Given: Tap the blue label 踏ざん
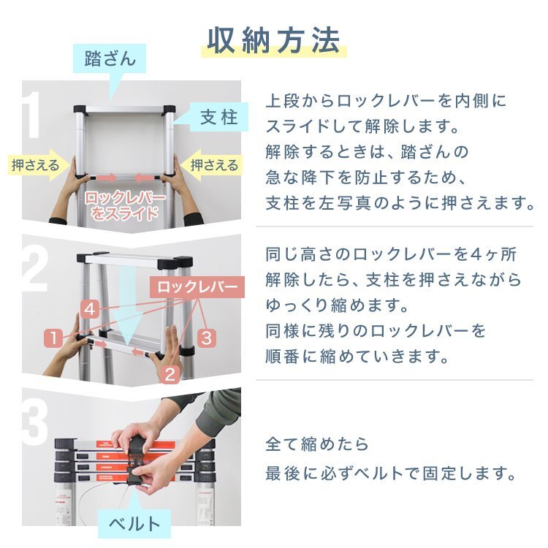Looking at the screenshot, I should click(110, 58).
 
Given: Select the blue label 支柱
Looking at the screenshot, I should click(218, 117).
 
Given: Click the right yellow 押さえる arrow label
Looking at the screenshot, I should click(213, 165).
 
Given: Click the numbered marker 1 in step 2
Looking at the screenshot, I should click(53, 338).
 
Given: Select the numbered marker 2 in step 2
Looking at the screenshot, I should click(170, 375).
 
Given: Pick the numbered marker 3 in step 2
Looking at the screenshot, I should click(206, 338).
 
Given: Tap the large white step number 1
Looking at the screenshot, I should click(34, 117).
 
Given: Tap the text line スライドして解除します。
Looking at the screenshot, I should click(363, 126).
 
